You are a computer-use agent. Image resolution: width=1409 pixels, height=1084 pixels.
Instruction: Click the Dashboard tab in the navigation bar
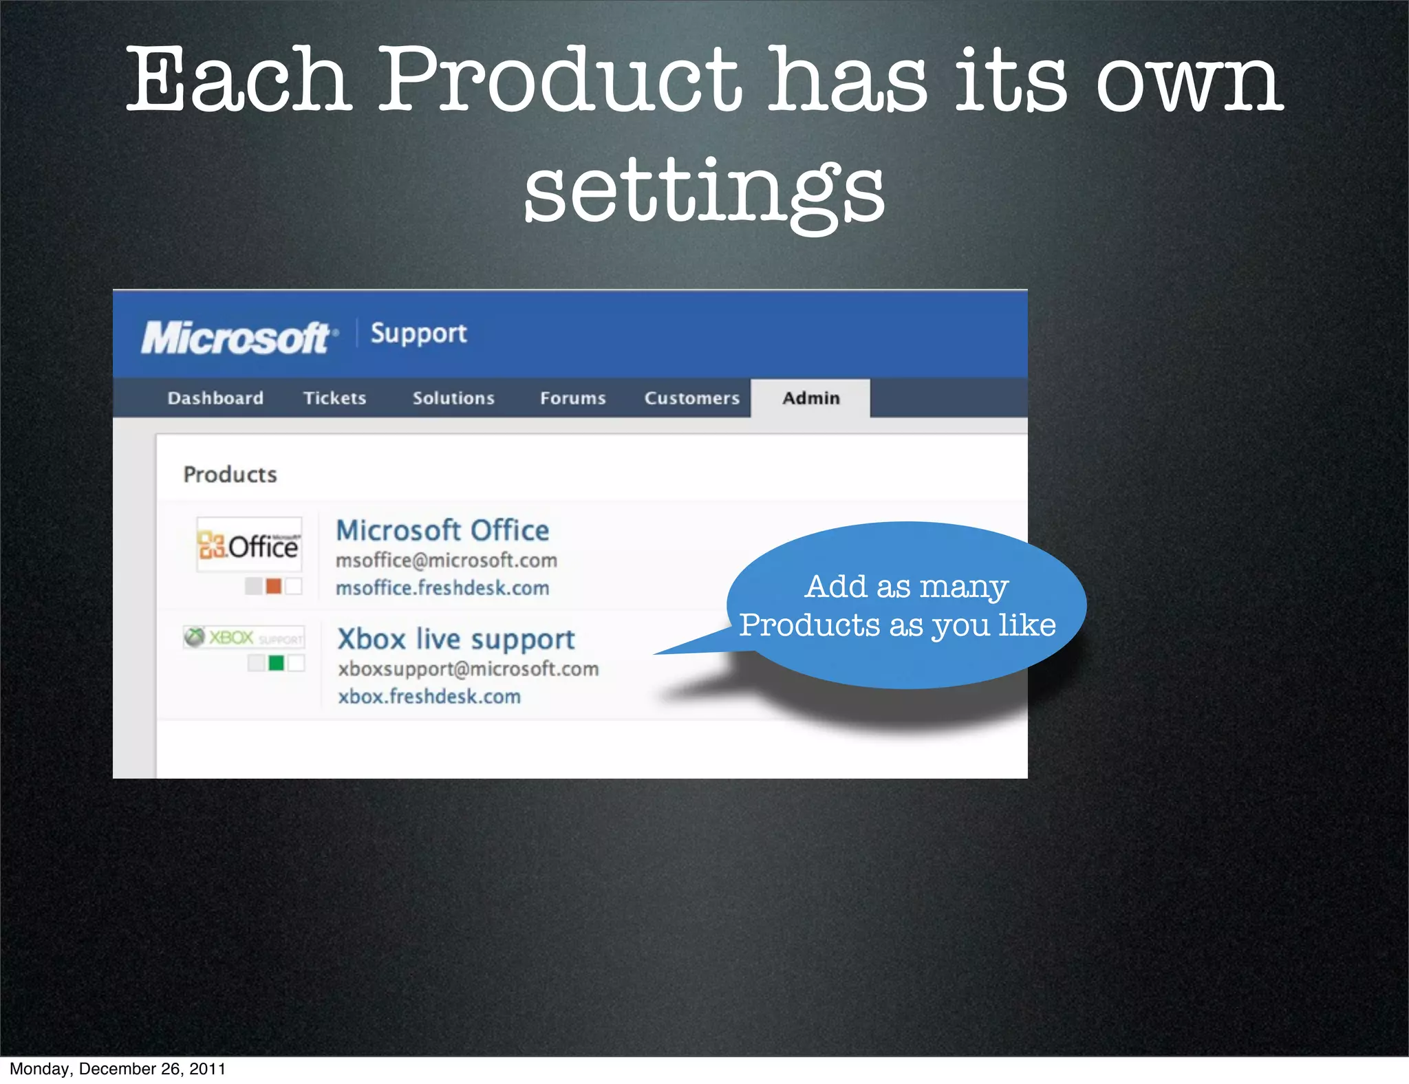coord(215,398)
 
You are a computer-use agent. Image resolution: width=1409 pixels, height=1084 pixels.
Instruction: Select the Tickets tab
coord(334,398)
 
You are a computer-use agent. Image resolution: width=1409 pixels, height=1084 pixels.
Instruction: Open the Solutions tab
coord(453,398)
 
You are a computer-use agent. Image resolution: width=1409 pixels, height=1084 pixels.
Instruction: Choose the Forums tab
coord(572,398)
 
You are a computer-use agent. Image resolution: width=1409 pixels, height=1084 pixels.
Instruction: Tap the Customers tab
coord(691,398)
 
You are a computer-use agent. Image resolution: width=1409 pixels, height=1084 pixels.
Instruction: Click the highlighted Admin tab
coord(810,398)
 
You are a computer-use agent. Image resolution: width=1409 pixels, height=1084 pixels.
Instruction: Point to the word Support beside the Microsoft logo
coord(418,334)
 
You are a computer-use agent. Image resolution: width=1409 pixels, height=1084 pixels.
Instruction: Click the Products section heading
coord(230,475)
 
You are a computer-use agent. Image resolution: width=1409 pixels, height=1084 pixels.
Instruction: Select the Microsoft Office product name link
coord(442,530)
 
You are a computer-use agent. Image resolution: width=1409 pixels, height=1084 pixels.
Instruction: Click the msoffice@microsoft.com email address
coord(446,561)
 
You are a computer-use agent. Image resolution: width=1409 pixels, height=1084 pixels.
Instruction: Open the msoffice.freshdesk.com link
coord(442,588)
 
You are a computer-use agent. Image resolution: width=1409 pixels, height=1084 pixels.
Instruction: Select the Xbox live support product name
coord(455,639)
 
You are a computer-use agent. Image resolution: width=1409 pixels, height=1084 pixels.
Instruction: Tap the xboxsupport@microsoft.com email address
coord(468,669)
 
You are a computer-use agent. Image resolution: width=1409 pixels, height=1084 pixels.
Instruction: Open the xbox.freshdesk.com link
coord(429,696)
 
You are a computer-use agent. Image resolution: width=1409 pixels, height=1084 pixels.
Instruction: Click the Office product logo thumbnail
coord(249,545)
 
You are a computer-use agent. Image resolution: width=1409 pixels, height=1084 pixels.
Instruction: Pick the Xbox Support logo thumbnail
coord(244,637)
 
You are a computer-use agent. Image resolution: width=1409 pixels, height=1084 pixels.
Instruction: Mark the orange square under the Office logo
coord(274,586)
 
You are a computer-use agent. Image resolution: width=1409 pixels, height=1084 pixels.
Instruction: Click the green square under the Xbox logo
coord(276,663)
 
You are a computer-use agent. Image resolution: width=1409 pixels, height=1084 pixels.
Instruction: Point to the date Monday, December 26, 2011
coord(118,1069)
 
